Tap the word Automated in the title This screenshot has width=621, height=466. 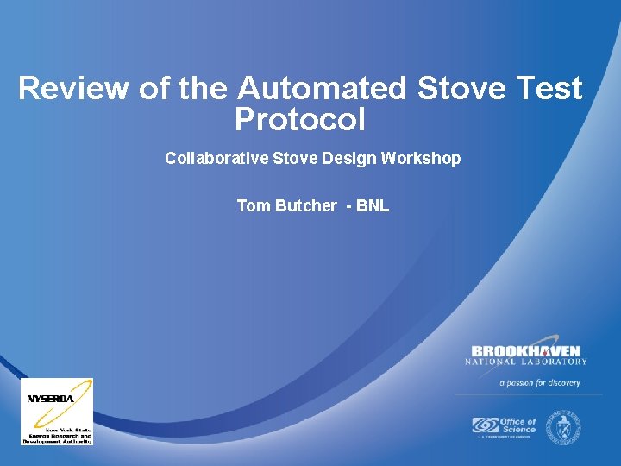(x=322, y=89)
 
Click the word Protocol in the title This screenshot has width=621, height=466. (x=299, y=120)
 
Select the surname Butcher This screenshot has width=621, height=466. (x=304, y=205)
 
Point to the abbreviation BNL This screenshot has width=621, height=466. (x=373, y=205)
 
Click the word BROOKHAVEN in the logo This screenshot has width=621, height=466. (x=525, y=351)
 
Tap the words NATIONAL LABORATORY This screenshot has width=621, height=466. (x=525, y=362)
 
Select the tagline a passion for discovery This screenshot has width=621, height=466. (x=539, y=382)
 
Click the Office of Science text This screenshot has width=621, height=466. (x=517, y=425)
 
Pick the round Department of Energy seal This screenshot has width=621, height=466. (x=567, y=425)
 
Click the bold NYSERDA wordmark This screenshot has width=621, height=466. (x=50, y=399)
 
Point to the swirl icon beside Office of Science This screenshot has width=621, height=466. (x=485, y=425)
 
